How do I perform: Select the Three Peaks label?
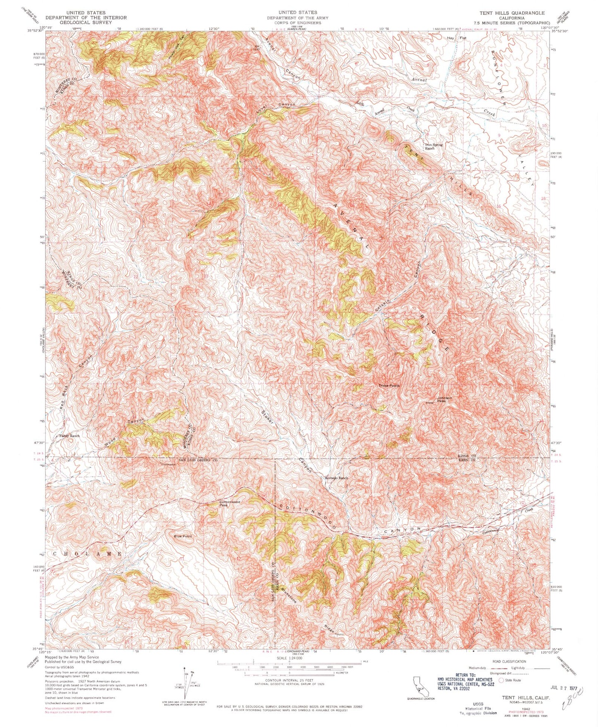[389, 386]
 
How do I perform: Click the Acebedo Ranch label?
[336, 478]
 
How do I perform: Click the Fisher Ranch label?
[69, 436]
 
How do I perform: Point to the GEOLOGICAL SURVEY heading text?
[86, 23]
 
